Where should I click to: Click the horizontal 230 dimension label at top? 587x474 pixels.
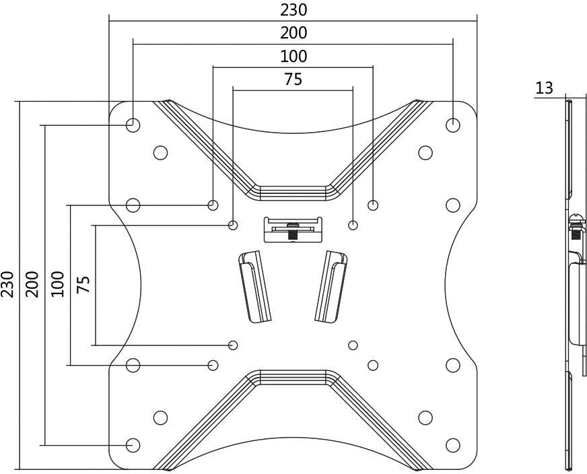point(293,9)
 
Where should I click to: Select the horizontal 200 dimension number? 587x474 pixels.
point(293,32)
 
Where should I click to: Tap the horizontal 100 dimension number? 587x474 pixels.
point(293,56)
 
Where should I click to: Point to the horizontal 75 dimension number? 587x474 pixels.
point(293,79)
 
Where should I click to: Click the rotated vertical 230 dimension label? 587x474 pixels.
point(7,284)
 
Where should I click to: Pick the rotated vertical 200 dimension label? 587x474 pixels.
point(32,284)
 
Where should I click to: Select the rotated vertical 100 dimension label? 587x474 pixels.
point(58,284)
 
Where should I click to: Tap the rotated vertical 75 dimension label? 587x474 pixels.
point(83,284)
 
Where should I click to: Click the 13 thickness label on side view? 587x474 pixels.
point(544,88)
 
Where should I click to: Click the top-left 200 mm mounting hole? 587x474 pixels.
point(133,125)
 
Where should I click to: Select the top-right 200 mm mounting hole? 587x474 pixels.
point(452,125)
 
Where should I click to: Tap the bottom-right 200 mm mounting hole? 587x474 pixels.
point(452,445)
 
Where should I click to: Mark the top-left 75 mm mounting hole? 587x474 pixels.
point(233,225)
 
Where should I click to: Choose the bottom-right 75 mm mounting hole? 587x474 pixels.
point(353,345)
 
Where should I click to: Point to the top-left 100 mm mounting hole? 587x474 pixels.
point(213,205)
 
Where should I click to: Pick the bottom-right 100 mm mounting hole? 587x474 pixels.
point(373,365)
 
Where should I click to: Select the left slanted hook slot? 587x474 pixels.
point(255,285)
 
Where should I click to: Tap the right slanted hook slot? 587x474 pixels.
point(330,285)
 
